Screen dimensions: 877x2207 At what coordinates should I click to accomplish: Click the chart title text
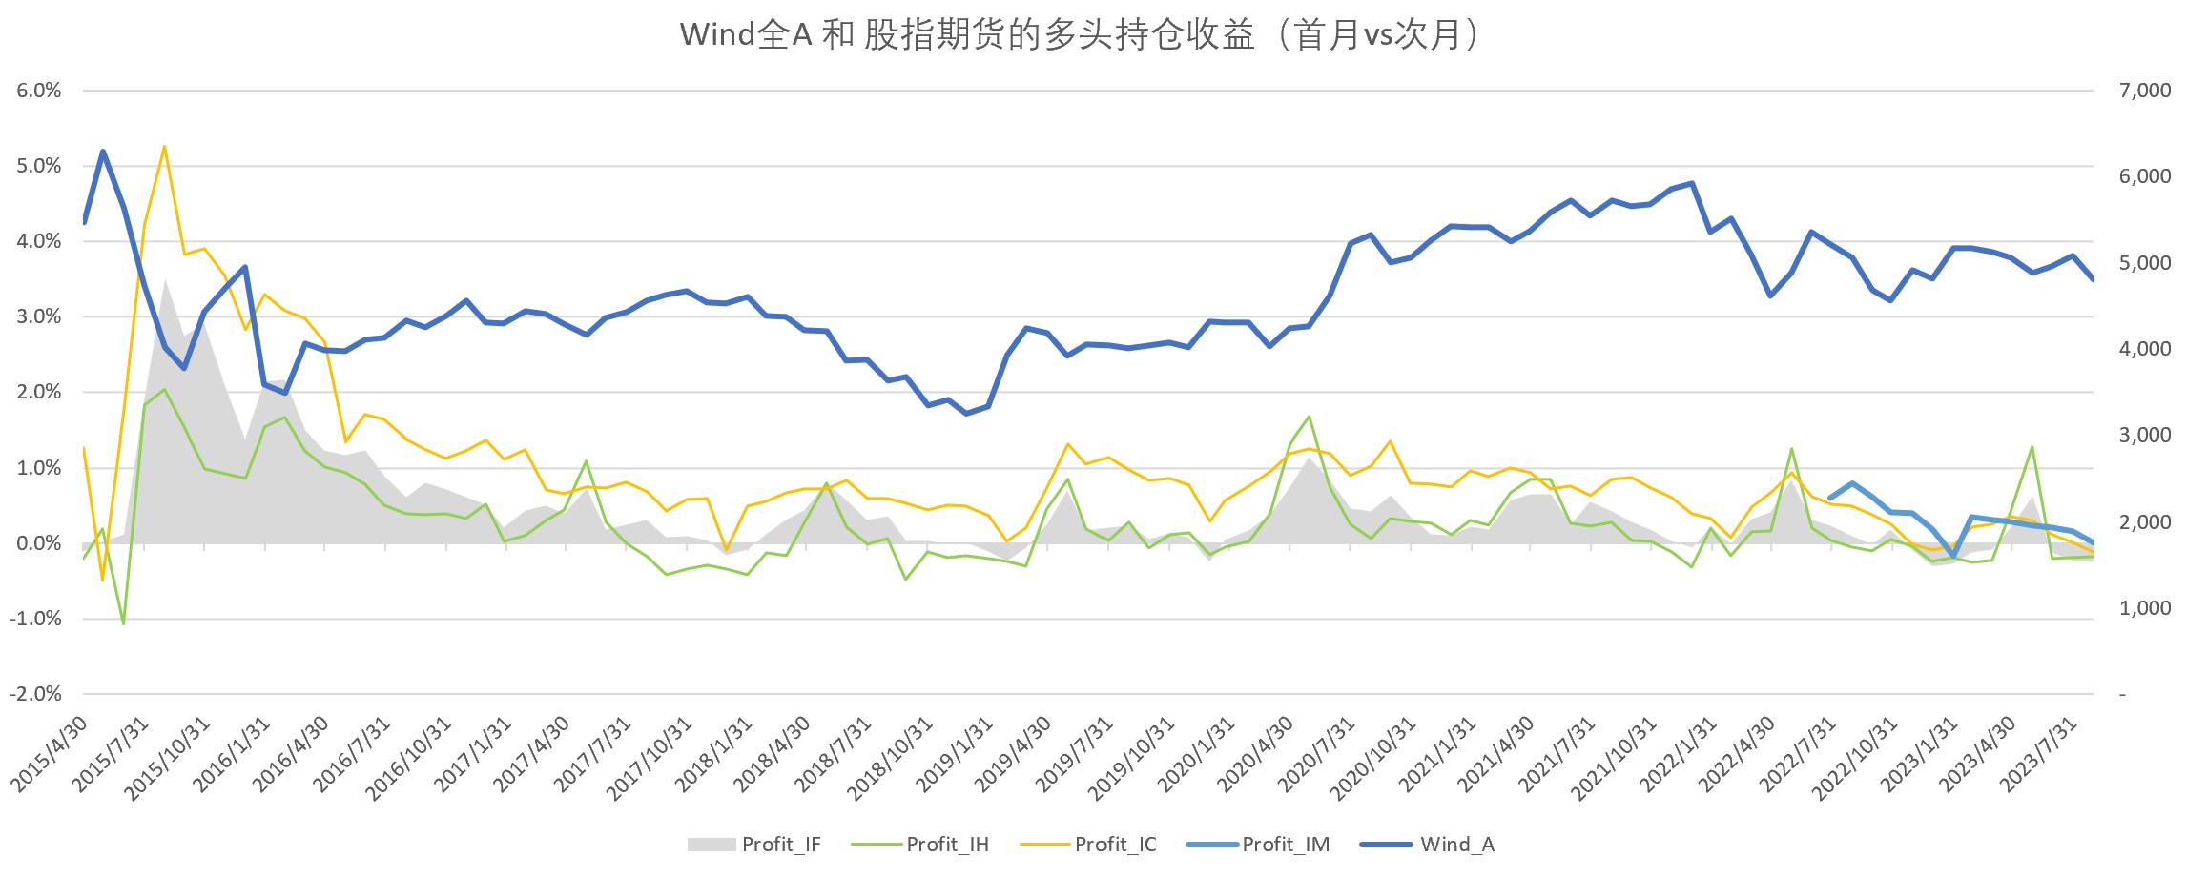coord(1079,35)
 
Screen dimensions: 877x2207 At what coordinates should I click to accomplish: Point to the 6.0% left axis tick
coord(38,91)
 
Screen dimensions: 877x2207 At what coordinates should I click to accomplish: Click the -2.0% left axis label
coord(35,694)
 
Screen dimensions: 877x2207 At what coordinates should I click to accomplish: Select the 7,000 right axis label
coord(2144,91)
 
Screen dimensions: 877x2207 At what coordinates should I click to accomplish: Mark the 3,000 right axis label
coord(2144,436)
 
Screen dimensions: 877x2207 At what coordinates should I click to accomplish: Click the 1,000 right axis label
coord(2144,608)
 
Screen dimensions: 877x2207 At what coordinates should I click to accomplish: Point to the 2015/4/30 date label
coord(50,754)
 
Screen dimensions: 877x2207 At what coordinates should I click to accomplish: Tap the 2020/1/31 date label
coord(1197,754)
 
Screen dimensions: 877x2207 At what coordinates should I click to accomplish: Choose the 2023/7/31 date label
coord(2039,754)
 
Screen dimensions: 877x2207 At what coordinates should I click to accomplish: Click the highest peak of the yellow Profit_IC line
coord(164,147)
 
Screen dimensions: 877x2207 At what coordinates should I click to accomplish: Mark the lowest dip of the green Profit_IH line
coord(123,623)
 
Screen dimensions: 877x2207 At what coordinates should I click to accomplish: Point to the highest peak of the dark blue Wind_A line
coord(103,152)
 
